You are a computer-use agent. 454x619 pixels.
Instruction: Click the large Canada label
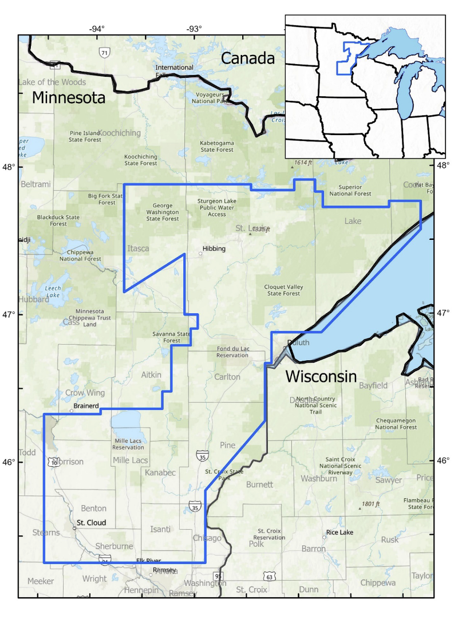248,58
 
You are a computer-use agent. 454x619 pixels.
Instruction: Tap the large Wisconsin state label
321,377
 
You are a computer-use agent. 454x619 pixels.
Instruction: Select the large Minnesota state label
69,97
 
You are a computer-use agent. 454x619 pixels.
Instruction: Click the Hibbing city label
214,249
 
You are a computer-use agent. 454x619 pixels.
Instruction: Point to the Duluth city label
298,342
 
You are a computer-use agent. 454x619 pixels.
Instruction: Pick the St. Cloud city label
92,522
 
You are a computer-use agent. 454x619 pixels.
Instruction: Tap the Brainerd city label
85,406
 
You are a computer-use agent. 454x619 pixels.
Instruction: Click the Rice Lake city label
339,532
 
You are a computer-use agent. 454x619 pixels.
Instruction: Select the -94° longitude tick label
97,29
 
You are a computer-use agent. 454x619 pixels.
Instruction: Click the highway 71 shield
104,53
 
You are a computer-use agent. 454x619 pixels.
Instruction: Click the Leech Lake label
52,291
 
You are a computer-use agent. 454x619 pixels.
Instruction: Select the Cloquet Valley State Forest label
283,290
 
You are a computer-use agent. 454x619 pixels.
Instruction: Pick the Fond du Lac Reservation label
232,352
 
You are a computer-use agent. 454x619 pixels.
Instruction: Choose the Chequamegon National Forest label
396,424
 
